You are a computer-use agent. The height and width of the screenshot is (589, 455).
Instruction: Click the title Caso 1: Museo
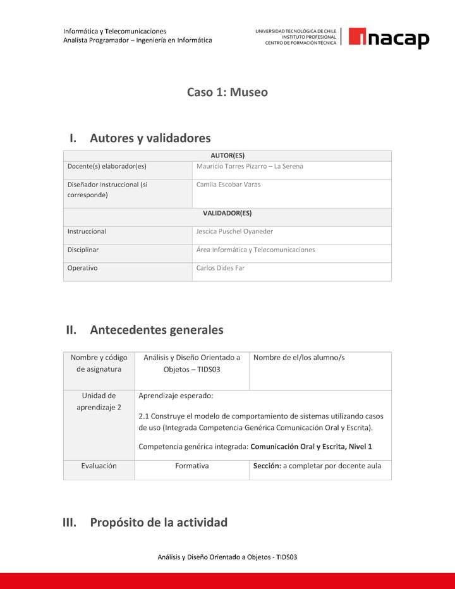227,92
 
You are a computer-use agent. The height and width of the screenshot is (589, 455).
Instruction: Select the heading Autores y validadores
150,138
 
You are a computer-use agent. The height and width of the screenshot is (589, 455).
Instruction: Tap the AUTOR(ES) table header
227,155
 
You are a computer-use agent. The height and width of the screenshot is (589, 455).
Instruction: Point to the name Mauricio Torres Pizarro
232,166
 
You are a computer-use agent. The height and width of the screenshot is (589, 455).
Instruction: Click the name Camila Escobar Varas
228,185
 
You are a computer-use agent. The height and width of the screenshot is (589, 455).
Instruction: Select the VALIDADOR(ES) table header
227,213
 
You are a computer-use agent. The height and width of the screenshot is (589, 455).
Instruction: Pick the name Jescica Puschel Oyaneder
234,231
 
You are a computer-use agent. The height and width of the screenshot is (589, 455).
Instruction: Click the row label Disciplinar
83,250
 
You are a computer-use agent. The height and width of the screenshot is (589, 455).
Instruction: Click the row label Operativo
82,268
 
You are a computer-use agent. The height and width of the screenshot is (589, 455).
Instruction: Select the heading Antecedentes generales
156,330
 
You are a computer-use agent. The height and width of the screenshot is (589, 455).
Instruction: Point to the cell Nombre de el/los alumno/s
299,358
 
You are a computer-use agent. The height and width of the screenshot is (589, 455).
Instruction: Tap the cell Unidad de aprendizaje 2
99,401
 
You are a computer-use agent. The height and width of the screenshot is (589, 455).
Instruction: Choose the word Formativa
191,466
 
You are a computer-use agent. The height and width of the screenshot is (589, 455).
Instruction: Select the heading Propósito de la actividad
158,523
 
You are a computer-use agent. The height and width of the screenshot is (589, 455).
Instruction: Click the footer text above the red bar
227,557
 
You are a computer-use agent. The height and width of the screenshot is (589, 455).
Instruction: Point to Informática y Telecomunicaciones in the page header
114,31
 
